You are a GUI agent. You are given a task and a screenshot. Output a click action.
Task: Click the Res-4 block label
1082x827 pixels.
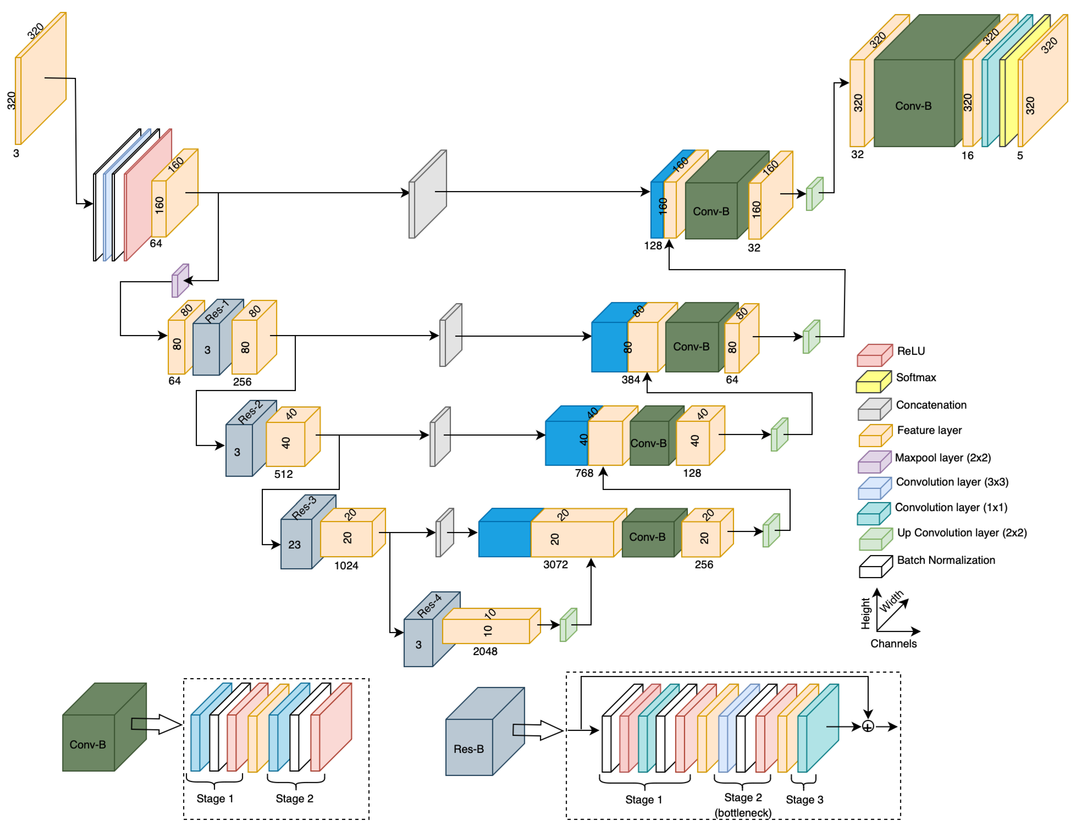429,606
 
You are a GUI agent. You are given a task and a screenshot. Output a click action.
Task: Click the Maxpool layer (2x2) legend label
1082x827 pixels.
942,458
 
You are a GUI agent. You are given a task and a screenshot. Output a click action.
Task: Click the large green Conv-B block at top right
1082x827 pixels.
913,103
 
